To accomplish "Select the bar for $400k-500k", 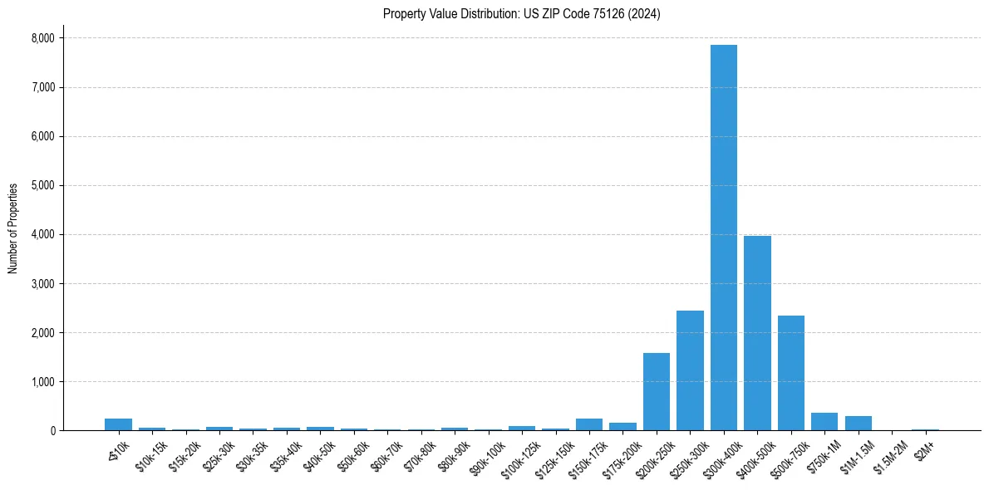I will pyautogui.click(x=757, y=333).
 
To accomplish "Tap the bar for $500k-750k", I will pyautogui.click(x=790, y=373).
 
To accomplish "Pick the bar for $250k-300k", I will pyautogui.click(x=690, y=370).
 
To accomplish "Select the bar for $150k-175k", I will pyautogui.click(x=589, y=424).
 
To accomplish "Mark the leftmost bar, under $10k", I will pyautogui.click(x=119, y=424).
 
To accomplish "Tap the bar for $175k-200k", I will pyautogui.click(x=622, y=426).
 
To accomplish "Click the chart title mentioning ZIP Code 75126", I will pyautogui.click(x=521, y=14).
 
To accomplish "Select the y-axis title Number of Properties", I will pyautogui.click(x=13, y=228).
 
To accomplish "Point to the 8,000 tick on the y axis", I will pyautogui.click(x=42, y=38).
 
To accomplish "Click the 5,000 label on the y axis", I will pyautogui.click(x=42, y=185).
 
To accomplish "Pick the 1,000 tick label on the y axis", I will pyautogui.click(x=42, y=382).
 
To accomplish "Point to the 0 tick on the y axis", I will pyautogui.click(x=52, y=431).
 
